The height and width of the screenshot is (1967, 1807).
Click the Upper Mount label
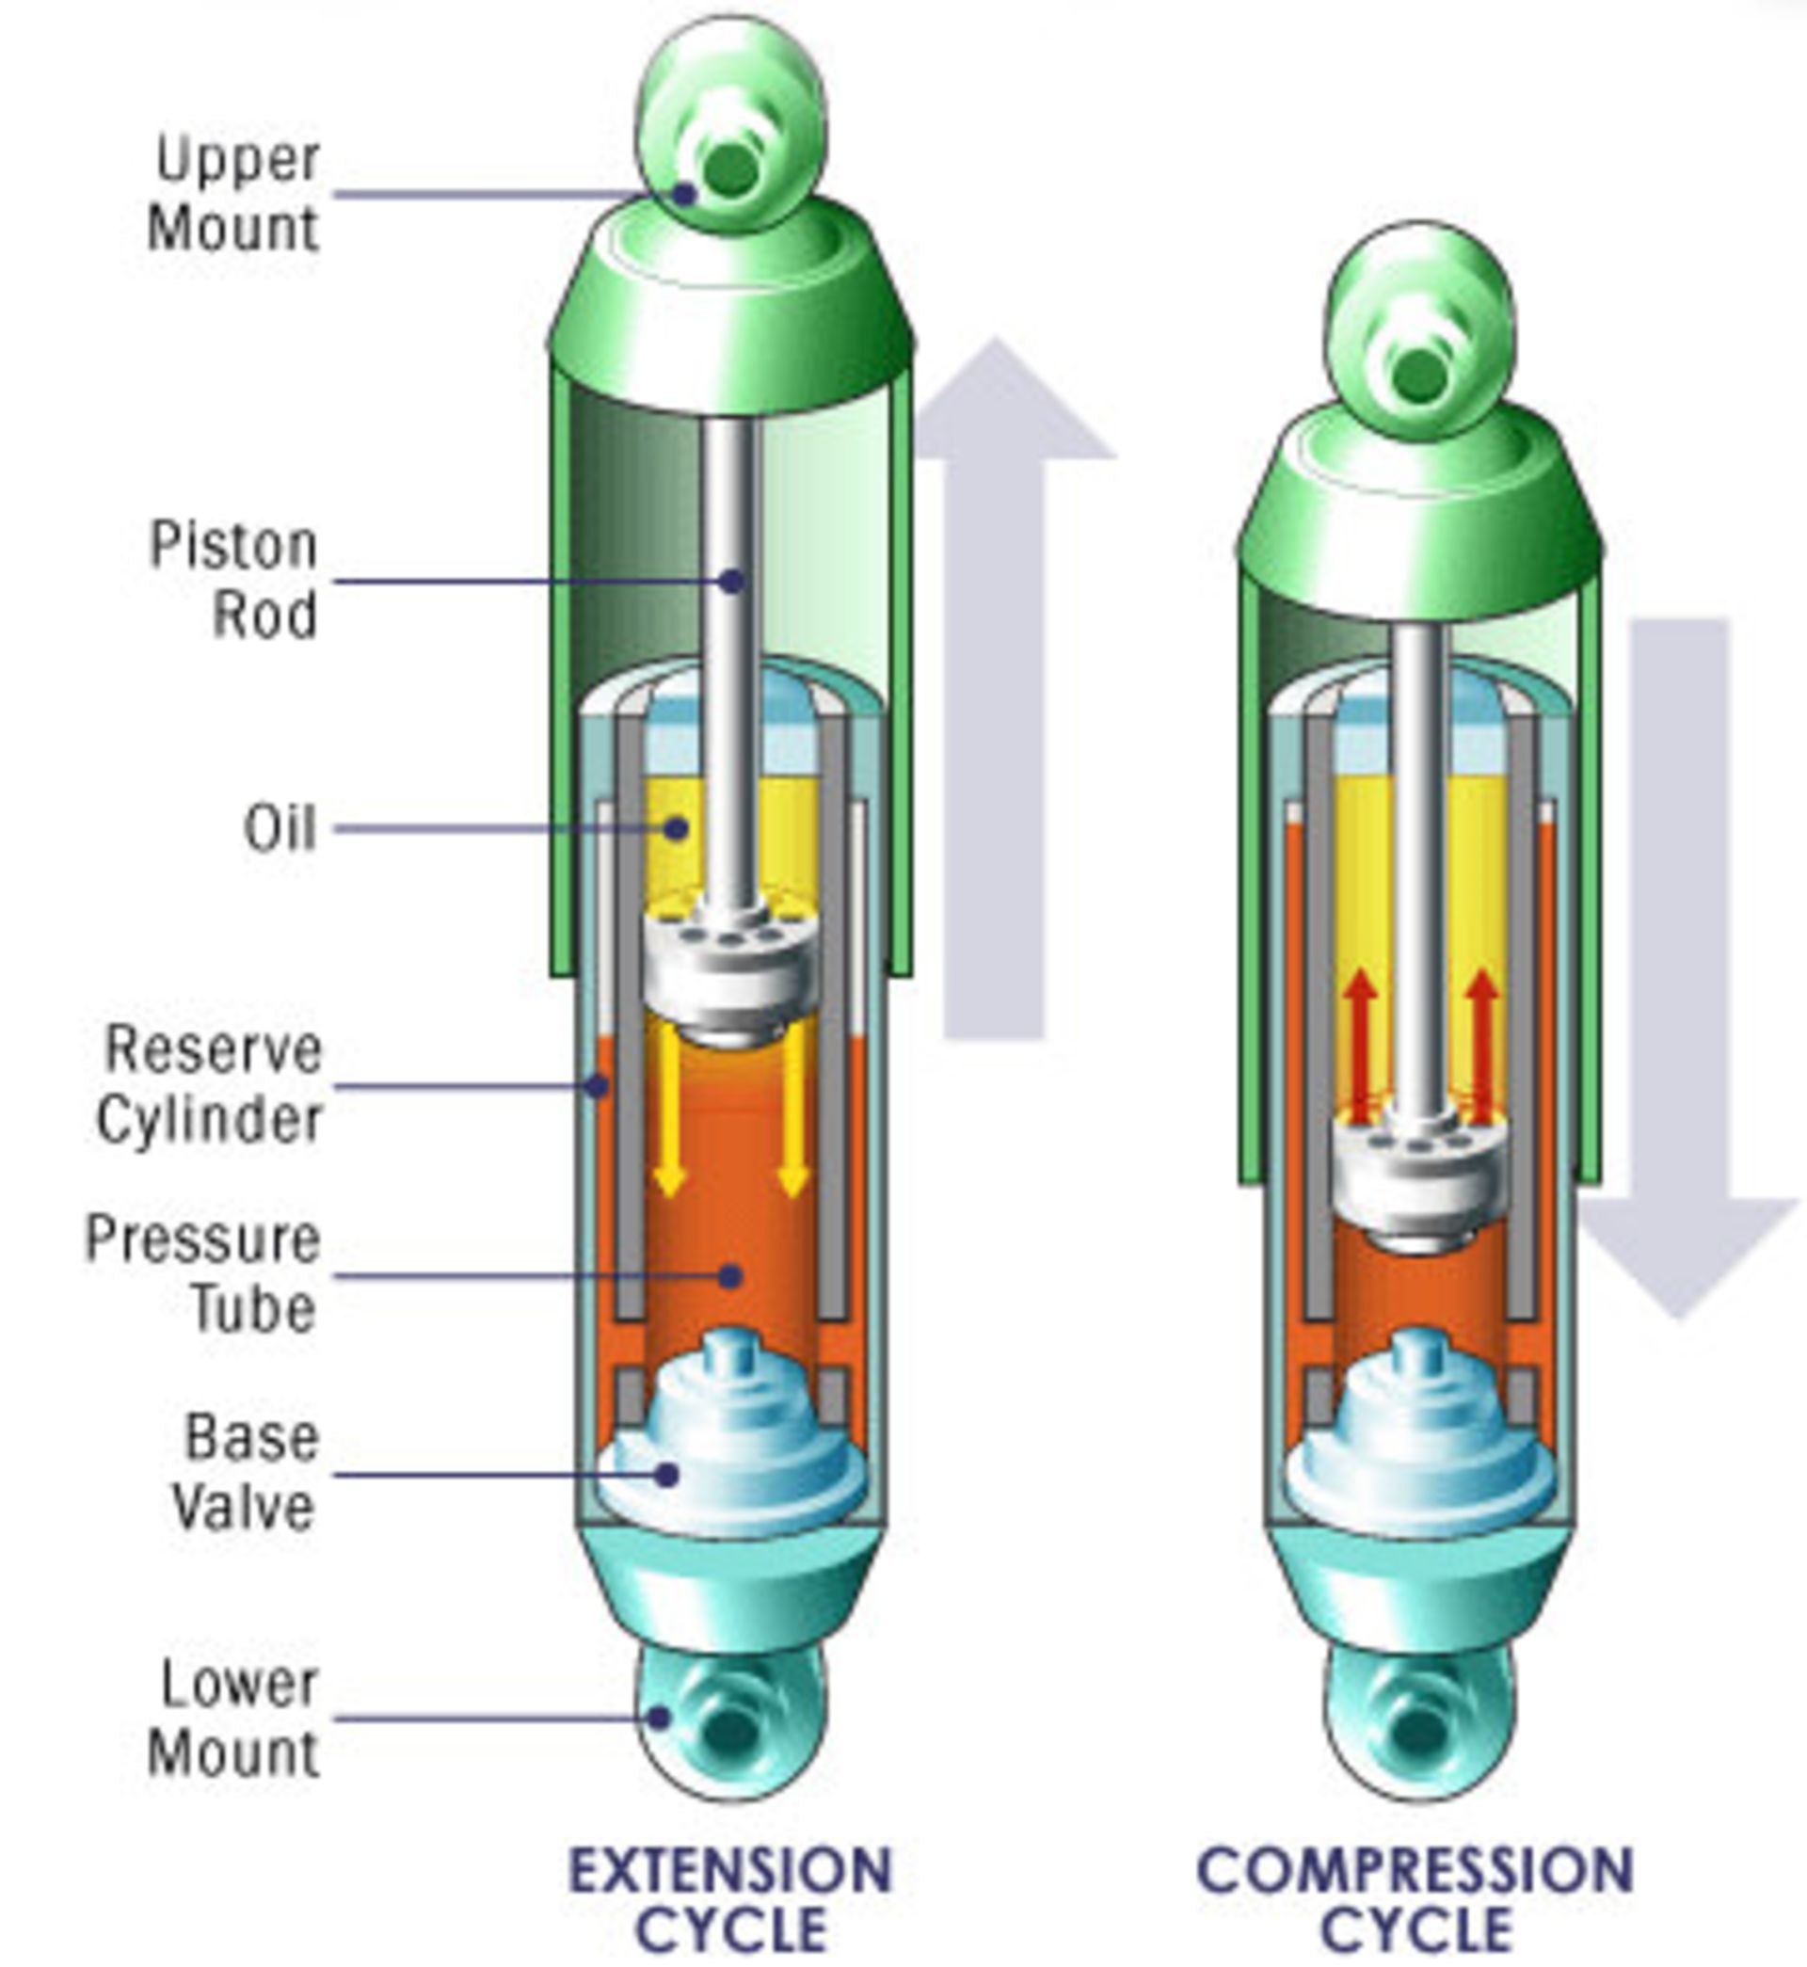tap(234, 194)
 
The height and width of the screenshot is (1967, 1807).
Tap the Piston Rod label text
tap(234, 580)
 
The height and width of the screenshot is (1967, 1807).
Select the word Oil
tap(280, 828)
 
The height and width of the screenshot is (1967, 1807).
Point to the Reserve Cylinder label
tap(210, 1085)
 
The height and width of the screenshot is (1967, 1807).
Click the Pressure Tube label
tap(203, 1274)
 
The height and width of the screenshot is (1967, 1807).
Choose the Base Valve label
tap(246, 1472)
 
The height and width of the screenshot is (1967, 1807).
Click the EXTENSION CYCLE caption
tap(731, 1899)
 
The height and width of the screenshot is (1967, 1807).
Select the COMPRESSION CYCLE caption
tap(1415, 1899)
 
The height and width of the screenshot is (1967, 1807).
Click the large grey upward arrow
tap(996, 684)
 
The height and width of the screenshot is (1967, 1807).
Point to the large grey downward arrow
tap(1680, 978)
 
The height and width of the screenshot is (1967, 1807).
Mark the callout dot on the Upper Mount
tap(683, 194)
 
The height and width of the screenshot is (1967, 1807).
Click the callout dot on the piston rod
tap(731, 581)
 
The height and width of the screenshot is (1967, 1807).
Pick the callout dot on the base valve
tap(667, 1473)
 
